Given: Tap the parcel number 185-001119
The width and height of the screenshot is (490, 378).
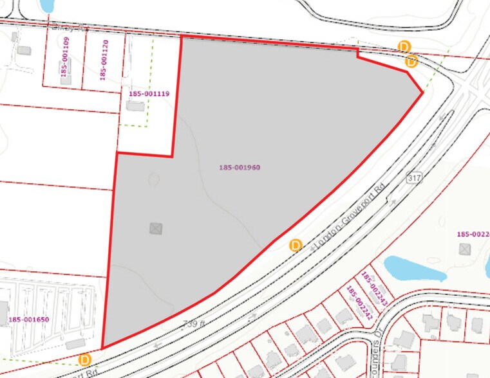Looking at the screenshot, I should (x=149, y=94).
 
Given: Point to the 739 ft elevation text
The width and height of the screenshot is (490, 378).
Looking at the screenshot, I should (x=193, y=323).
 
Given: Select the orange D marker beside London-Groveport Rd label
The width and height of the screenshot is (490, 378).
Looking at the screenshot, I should (x=296, y=245).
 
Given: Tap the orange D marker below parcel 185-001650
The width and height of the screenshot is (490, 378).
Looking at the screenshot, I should (x=84, y=359).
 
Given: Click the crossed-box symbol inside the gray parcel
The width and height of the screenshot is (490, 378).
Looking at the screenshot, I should (x=155, y=228).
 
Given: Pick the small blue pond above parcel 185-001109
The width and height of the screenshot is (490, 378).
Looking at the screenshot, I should (x=46, y=6).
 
